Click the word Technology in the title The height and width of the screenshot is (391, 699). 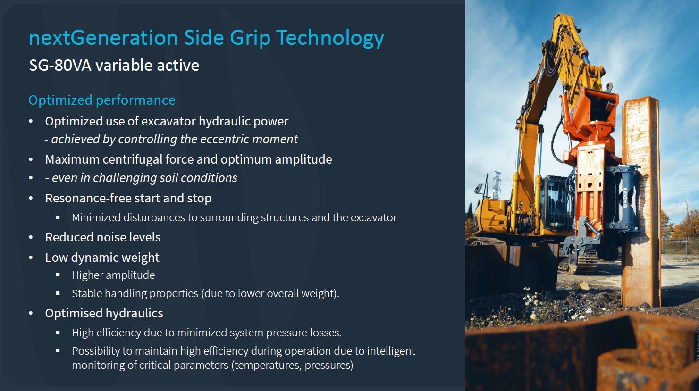[x=330, y=38]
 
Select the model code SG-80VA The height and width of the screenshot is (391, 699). [x=60, y=66]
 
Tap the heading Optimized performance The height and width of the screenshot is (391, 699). [x=102, y=100]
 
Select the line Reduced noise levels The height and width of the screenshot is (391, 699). [x=103, y=237]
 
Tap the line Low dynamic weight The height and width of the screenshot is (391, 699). [x=102, y=258]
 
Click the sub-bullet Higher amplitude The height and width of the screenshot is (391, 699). [x=113, y=275]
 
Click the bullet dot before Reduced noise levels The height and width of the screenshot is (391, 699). [x=31, y=238]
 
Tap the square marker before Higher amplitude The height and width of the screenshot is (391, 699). [x=58, y=275]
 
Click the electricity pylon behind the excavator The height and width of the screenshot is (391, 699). [x=497, y=185]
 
